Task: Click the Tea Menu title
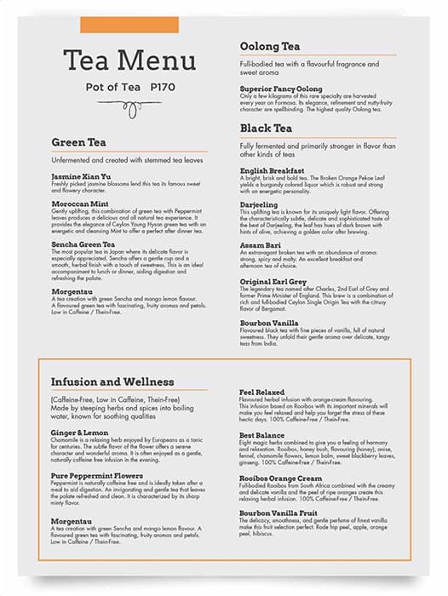(x=130, y=60)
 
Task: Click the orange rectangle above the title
(x=129, y=25)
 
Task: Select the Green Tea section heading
(x=79, y=142)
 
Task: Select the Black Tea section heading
(x=267, y=128)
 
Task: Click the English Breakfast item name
(x=272, y=170)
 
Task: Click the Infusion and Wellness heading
(x=112, y=381)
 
